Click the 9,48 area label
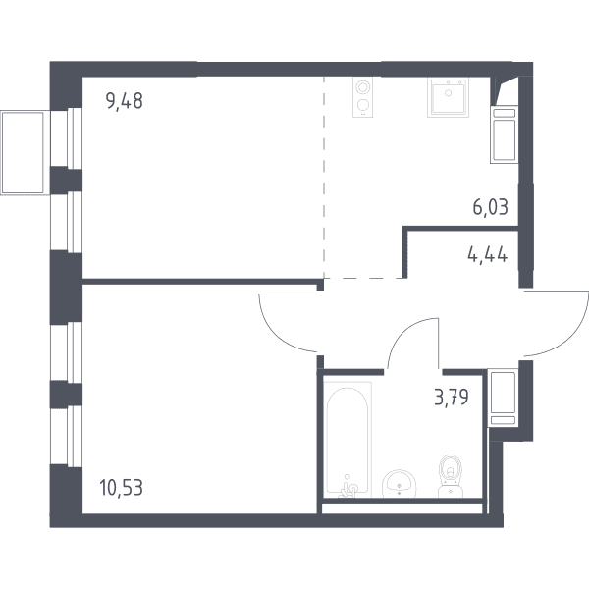click(125, 101)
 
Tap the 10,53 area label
click(122, 488)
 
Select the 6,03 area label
click(491, 207)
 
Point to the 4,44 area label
click(488, 255)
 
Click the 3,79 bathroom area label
click(452, 397)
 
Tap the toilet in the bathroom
click(451, 475)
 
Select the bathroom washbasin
click(399, 484)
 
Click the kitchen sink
click(448, 97)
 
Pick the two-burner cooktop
click(362, 97)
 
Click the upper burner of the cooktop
click(362, 88)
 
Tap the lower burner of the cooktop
click(362, 104)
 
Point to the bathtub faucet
click(348, 487)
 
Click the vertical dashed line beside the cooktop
click(324, 177)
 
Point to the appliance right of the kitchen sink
click(505, 134)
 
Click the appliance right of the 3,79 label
click(503, 398)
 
